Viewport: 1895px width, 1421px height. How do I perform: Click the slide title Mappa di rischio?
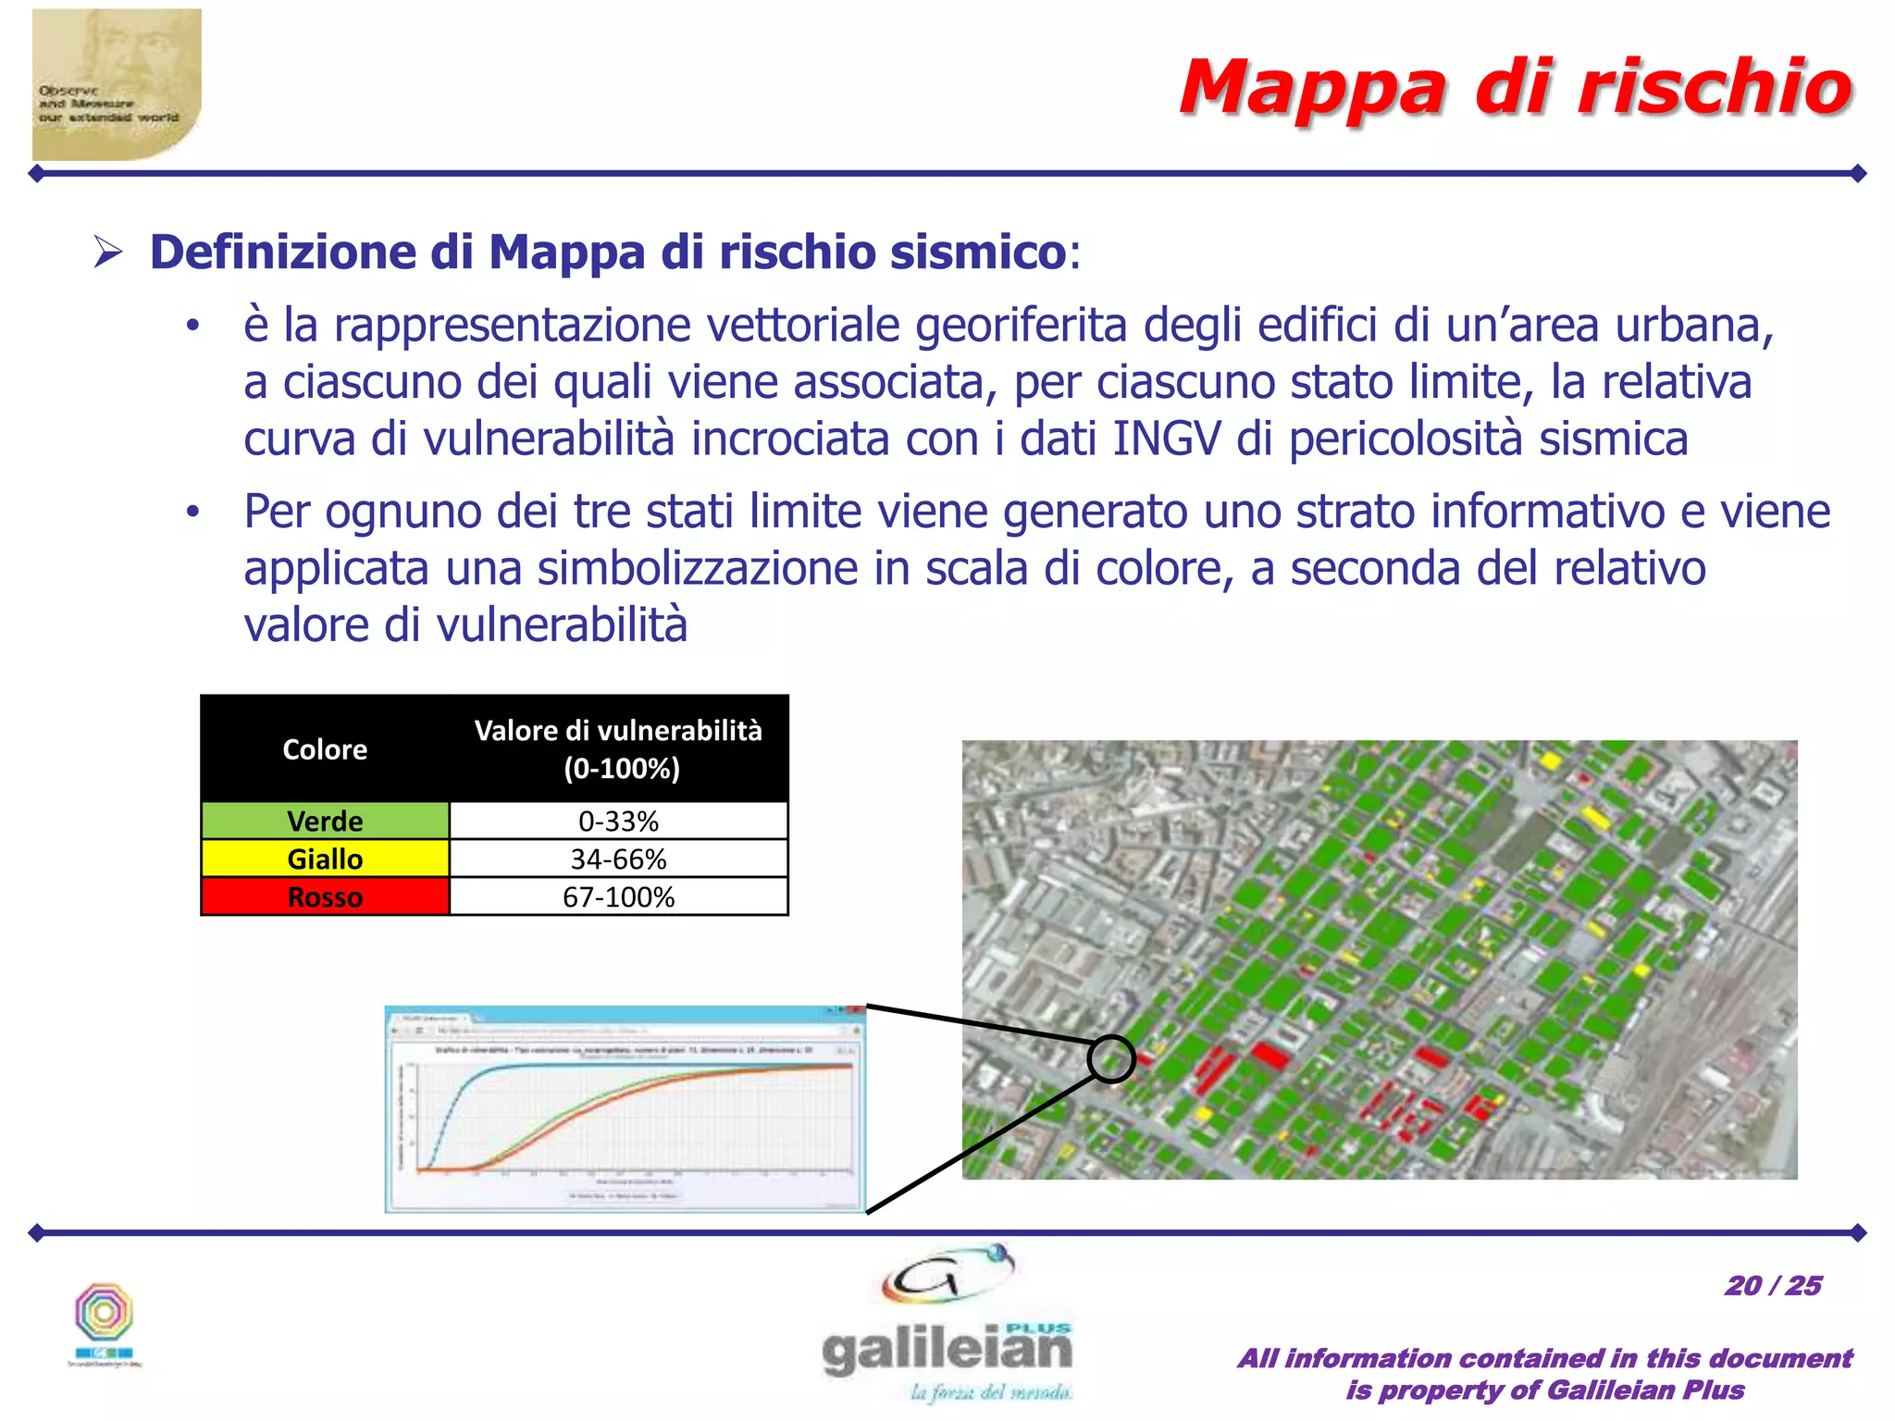(1516, 88)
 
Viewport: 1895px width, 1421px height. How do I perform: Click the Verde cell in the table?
(325, 821)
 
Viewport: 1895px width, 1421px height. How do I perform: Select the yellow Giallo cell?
(325, 859)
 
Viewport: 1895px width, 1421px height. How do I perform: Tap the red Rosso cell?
(325, 896)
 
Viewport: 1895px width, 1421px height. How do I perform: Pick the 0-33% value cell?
(618, 821)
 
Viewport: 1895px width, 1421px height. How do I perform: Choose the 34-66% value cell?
(618, 859)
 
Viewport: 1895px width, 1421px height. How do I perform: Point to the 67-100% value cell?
(618, 896)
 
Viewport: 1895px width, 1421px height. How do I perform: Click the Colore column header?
(325, 748)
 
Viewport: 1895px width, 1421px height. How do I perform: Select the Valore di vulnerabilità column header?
(618, 748)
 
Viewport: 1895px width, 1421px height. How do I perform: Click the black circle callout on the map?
(1110, 1058)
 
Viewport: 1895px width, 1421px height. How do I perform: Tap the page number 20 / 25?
(1772, 1285)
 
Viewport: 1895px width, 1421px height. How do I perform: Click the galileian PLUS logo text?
(947, 1350)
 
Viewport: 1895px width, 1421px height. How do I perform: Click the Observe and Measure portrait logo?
(117, 84)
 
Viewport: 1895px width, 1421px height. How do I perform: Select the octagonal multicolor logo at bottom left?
(105, 1313)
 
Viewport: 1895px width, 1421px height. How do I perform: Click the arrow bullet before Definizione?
(108, 252)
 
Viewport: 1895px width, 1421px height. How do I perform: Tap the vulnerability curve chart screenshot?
(625, 1108)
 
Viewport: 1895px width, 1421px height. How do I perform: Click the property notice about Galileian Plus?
(1544, 1374)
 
